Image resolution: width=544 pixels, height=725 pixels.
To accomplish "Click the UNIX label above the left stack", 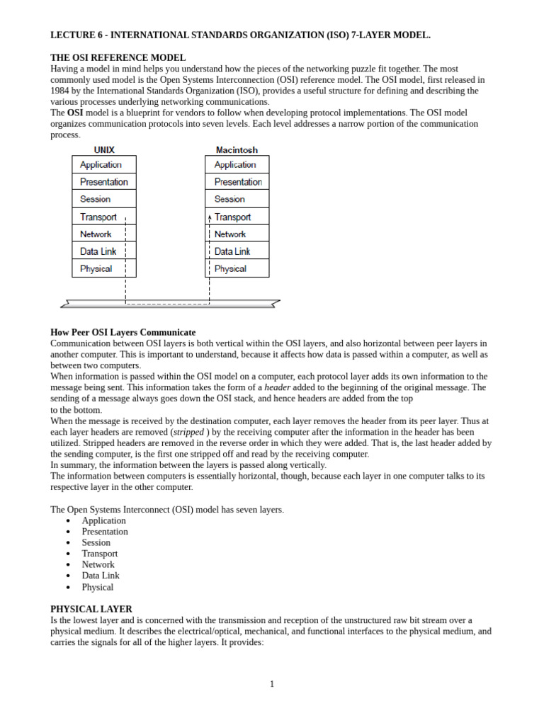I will point(104,150).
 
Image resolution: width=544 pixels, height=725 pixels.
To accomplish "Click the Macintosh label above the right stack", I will point(237,150).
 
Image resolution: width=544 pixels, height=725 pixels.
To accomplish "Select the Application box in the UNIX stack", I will point(103,164).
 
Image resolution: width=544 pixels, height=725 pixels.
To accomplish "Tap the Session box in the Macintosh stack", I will point(237,199).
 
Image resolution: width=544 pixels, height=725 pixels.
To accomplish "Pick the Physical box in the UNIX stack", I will point(103,268).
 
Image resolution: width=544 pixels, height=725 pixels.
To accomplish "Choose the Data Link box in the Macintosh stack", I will point(237,251).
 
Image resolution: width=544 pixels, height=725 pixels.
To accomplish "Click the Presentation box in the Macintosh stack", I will point(237,182).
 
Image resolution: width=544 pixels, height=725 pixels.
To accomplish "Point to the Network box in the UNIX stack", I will point(103,234).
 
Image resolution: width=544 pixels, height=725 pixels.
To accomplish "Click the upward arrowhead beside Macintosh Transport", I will point(210,217).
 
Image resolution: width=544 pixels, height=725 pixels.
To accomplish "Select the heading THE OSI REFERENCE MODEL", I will point(118,57).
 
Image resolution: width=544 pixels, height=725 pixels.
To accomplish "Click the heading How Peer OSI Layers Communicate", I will point(123,332).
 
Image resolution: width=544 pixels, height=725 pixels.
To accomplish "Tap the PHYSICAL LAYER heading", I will point(91,609).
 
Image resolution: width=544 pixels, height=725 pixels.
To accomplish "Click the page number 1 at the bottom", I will point(271,684).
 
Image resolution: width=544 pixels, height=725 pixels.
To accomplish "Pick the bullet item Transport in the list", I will point(100,554).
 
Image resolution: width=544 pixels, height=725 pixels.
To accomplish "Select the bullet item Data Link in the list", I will point(101,576).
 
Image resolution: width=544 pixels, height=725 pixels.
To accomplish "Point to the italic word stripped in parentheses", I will point(188,432).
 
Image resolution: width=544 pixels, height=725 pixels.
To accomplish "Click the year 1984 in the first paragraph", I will point(60,91).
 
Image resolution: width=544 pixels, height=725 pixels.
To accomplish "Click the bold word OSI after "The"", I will point(76,113).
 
